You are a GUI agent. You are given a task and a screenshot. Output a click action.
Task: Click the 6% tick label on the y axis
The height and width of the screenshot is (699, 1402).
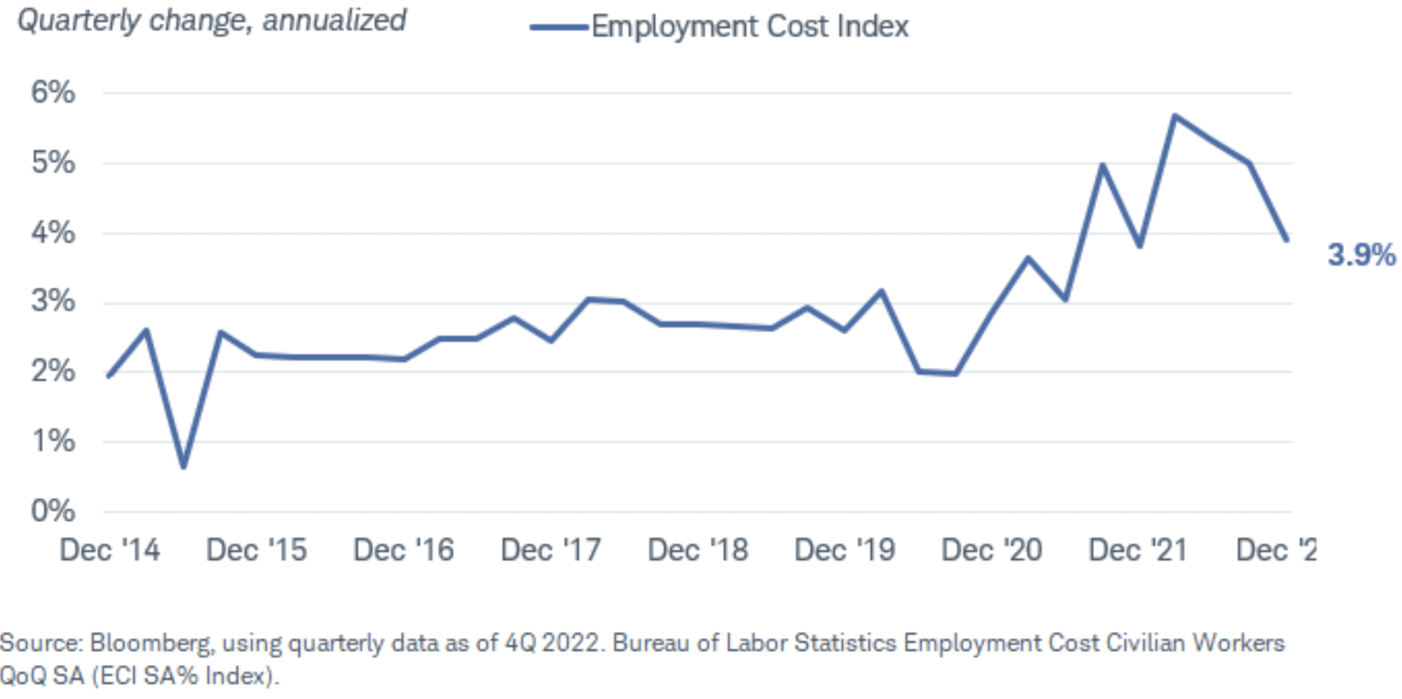(53, 92)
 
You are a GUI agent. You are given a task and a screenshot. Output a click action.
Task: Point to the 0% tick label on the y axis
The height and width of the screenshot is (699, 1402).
(53, 511)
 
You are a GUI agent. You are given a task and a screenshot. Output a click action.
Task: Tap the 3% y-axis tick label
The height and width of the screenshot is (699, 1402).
(53, 302)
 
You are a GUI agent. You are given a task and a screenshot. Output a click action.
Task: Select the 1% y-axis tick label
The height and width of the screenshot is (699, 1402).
(53, 441)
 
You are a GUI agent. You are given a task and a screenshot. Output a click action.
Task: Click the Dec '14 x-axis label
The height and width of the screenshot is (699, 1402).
(110, 550)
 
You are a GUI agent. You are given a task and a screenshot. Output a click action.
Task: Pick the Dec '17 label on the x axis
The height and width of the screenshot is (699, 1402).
(550, 550)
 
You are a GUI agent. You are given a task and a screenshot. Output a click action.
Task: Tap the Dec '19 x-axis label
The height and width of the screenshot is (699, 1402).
(844, 550)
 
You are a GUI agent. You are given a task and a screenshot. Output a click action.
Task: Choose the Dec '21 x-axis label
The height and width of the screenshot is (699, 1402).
(1138, 550)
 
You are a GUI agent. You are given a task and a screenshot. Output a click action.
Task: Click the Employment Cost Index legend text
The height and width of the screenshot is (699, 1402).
(750, 27)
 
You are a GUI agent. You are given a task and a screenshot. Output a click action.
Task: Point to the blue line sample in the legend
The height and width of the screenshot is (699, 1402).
(559, 27)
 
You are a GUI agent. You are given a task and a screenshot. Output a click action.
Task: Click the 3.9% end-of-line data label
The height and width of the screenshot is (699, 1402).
(1362, 255)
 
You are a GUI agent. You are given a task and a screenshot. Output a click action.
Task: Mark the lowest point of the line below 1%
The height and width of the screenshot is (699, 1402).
(183, 467)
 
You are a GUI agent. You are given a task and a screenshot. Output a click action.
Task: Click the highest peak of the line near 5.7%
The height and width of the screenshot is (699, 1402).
(1175, 116)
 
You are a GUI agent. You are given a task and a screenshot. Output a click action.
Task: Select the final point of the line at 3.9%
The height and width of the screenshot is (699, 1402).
(1287, 239)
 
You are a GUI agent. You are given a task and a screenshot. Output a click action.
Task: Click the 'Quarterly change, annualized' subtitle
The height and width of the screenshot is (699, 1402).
(212, 21)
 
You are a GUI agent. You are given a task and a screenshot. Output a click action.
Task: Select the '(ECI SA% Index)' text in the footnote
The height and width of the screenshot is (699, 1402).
(184, 676)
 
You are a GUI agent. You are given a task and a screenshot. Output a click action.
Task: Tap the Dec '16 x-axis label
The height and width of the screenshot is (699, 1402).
(403, 550)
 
